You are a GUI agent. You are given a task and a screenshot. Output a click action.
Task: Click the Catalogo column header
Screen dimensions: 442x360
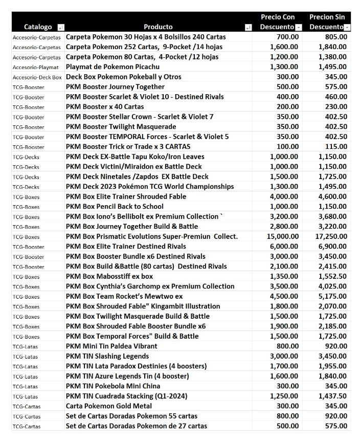38,27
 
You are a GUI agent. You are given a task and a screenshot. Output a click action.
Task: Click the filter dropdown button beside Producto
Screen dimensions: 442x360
249,27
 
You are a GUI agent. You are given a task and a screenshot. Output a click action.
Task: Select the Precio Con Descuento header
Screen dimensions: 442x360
278,21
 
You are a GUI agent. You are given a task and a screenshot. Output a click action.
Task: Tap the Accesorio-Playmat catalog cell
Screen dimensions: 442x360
36,67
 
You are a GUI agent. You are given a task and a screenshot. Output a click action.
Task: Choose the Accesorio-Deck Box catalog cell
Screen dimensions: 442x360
37,77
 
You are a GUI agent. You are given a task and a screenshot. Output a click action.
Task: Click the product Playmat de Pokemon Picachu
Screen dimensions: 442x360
112,67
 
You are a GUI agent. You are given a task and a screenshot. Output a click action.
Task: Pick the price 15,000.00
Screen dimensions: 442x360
283,236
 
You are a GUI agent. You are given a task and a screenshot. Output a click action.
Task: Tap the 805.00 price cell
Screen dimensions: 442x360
336,37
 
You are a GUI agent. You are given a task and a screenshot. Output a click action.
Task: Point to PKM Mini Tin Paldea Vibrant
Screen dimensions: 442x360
111,346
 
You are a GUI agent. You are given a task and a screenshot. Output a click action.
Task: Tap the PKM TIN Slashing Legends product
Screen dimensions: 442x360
107,356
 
